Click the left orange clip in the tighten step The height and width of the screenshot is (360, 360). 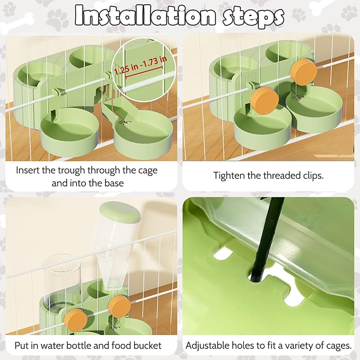(265, 101)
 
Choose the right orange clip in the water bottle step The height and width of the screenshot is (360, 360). (119, 307)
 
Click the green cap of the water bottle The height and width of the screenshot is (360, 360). (120, 212)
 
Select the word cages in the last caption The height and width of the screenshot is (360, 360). (337, 346)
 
